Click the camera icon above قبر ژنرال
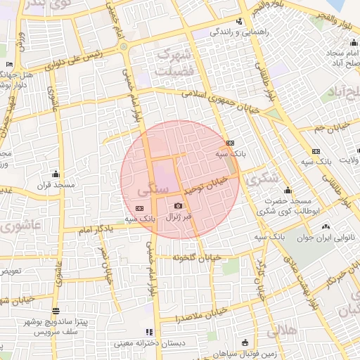[178, 205]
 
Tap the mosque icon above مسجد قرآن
[56, 174]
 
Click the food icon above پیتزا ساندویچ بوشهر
[56, 310]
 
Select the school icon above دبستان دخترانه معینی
[148, 331]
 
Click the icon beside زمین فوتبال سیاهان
[244, 342]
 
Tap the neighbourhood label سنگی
[153, 189]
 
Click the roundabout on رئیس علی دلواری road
[124, 47]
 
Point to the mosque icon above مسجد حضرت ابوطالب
[288, 190]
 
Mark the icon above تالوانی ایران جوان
[325, 226]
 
